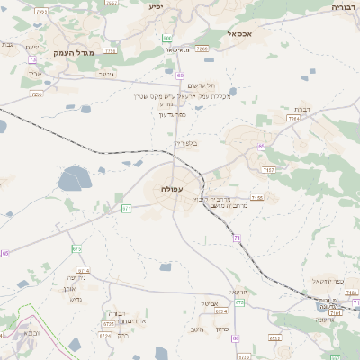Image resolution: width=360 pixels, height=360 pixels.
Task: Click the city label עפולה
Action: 172,188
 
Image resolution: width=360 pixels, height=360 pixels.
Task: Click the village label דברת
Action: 303,108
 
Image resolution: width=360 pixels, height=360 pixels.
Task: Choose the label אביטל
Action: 204,303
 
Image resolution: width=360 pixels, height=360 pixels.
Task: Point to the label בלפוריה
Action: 184,141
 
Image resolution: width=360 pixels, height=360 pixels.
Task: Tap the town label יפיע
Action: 155,6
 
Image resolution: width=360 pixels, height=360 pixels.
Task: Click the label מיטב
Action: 198,329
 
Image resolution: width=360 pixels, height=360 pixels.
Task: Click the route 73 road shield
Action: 32,59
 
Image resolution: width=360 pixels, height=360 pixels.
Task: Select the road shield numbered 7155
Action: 257,197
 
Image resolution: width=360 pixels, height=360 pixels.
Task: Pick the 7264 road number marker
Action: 293,118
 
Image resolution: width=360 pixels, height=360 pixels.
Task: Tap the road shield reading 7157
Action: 268,168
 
